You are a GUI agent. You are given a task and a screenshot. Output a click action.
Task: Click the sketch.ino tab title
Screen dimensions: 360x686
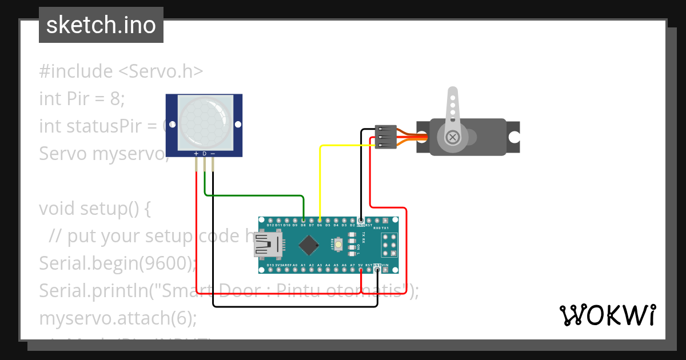coord(101,25)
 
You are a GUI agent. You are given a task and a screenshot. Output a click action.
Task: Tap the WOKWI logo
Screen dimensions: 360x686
coord(607,315)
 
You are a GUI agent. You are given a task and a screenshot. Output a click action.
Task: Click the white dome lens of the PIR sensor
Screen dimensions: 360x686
coord(204,120)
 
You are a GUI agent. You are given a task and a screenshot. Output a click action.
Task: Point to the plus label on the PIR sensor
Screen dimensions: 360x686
coord(196,153)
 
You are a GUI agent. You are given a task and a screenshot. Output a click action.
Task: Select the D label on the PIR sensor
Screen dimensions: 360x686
coord(204,153)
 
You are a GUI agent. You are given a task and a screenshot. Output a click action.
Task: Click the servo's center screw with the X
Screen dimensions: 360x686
coord(452,137)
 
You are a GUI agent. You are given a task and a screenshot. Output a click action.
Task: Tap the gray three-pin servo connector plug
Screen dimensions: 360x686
coord(385,137)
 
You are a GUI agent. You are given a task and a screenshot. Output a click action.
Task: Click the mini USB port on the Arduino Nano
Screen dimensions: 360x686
coord(267,245)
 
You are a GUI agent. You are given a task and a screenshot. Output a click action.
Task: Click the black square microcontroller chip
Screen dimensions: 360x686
coord(309,245)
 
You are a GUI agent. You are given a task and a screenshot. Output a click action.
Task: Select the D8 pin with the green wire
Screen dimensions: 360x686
coord(303,220)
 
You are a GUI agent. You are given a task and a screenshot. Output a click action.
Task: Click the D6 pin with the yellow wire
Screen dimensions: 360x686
coord(320,220)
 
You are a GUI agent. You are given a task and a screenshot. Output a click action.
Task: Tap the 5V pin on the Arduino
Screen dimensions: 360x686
coord(361,270)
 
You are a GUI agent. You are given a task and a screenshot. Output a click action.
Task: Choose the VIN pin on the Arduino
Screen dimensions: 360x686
coord(385,270)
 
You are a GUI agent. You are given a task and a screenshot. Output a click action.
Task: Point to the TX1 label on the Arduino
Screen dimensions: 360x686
coord(385,228)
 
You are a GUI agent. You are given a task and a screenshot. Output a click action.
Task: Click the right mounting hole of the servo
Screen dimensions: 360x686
coord(514,137)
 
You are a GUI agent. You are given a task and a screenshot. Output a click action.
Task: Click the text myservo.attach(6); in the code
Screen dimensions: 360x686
coord(118,318)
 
